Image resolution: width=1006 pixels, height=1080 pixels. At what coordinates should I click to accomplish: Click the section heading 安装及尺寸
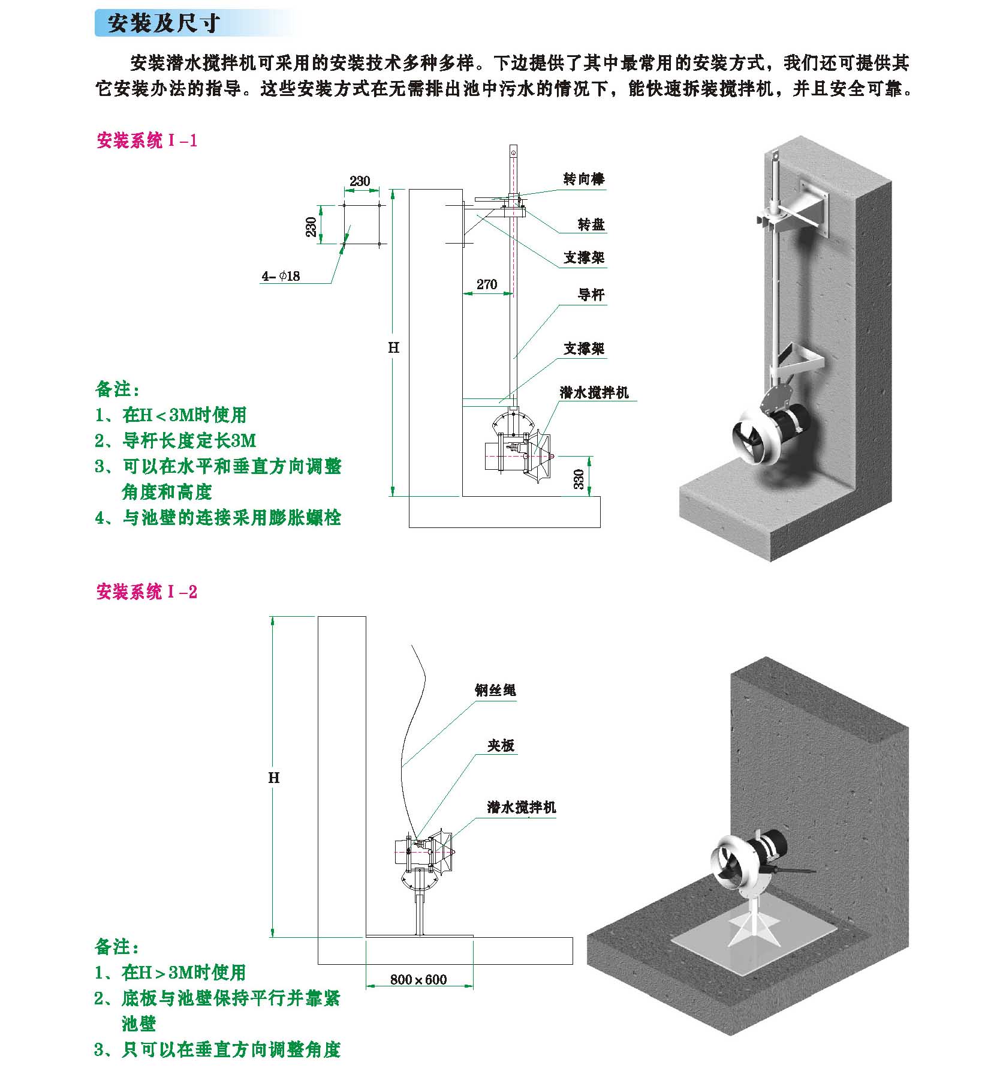click(164, 23)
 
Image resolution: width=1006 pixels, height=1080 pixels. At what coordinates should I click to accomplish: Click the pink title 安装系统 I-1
click(147, 141)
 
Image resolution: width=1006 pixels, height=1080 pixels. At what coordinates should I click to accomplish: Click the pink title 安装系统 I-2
click(147, 592)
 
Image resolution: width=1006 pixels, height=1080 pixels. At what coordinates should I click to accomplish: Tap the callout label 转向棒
click(584, 179)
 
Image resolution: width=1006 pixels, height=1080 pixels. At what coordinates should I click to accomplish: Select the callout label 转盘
click(591, 224)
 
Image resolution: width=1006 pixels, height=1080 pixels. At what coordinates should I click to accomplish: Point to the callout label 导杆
click(591, 295)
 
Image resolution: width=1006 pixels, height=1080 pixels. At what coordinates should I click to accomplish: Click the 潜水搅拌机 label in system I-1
click(594, 392)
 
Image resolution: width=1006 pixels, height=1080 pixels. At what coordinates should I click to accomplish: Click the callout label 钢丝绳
click(495, 690)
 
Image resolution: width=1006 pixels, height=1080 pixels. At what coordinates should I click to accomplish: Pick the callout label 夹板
click(501, 745)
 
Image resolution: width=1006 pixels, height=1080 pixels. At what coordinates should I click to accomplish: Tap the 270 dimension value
click(487, 284)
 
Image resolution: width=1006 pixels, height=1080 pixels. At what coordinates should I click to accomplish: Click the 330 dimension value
click(579, 479)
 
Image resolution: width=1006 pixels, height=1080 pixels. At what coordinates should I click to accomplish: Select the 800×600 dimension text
click(418, 980)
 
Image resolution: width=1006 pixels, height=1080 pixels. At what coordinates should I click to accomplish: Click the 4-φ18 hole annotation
click(281, 276)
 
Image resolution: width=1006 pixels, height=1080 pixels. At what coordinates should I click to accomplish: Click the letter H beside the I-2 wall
click(274, 778)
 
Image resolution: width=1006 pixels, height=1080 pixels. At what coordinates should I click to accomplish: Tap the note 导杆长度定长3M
click(176, 440)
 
